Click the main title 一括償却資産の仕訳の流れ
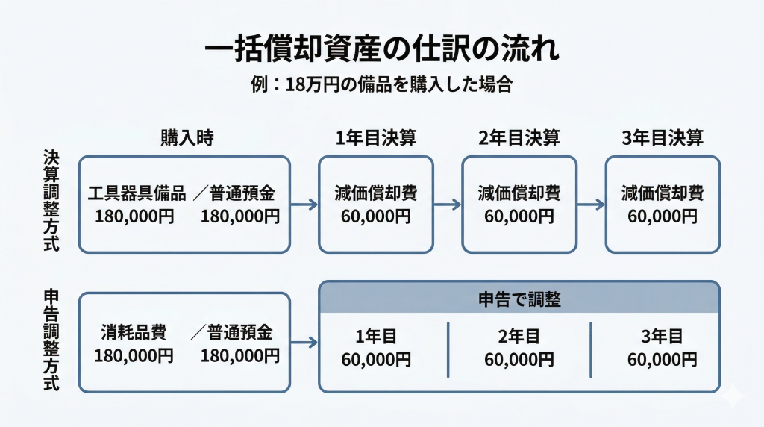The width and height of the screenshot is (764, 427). coord(381,51)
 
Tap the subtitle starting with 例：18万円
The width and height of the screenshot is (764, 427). coord(381,84)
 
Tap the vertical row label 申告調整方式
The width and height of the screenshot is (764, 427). coord(51,340)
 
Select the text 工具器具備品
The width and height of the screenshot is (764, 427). coord(137,194)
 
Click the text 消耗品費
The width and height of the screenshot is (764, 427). coord(134,332)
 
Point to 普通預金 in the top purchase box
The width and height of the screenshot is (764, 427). coord(242,194)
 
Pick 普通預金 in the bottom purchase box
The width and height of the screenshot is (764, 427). coord(242,332)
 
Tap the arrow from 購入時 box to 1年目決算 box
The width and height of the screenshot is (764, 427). coord(304,205)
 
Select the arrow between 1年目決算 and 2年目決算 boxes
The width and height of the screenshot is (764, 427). coord(448,205)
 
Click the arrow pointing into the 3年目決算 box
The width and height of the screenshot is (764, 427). coord(591,205)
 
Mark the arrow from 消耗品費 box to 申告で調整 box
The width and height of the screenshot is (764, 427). coord(304,343)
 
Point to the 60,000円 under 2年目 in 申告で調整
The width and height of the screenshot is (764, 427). coord(519,359)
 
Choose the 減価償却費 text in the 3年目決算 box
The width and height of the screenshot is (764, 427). coord(663,194)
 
